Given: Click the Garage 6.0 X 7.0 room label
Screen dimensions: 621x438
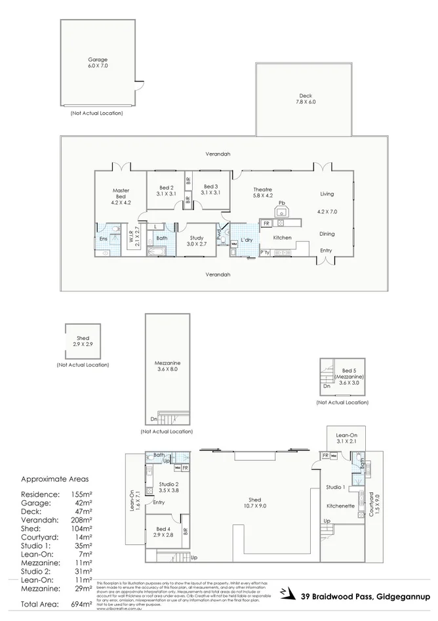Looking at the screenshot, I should tap(98, 63).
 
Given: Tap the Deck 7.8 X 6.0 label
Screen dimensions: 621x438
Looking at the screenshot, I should tap(306, 98).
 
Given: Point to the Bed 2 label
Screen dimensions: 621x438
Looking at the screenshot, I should tap(167, 190).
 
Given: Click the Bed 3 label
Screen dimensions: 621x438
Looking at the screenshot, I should tap(210, 190).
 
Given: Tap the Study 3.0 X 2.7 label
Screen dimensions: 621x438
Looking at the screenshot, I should tap(197, 241).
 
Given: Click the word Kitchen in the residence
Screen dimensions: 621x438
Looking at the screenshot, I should tap(282, 238).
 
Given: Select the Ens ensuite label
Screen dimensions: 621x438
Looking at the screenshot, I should tap(103, 239).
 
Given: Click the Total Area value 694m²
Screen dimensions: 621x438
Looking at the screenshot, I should tap(82, 603).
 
